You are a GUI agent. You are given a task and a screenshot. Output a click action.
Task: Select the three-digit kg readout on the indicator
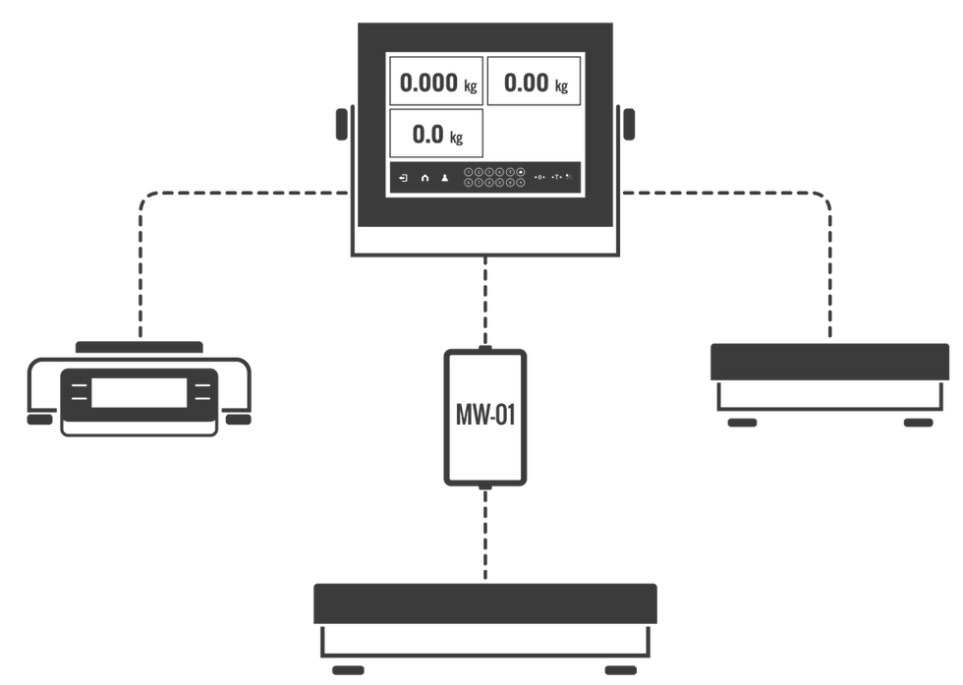(532, 83)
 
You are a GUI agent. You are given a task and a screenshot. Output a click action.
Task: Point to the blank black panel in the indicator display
(532, 133)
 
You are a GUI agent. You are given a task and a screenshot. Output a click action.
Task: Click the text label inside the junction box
(484, 409)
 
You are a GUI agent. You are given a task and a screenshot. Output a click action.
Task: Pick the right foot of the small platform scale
(917, 422)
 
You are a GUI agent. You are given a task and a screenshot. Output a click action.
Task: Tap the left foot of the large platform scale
(346, 669)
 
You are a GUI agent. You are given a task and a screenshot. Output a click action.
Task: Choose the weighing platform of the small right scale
(830, 361)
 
